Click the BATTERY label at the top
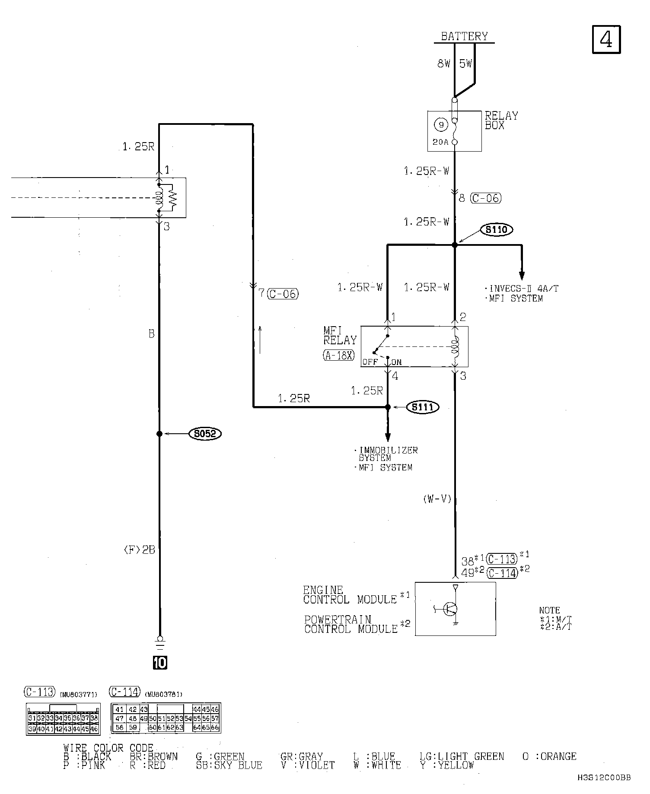[x=464, y=36]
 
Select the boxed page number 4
[x=606, y=40]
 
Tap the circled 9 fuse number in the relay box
[x=441, y=125]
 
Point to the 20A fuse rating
[x=440, y=142]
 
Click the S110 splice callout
[x=496, y=230]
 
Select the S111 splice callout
[x=423, y=407]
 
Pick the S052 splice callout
[x=205, y=434]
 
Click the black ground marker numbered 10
[x=160, y=663]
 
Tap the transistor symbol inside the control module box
[x=450, y=609]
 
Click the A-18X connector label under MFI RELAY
[x=339, y=355]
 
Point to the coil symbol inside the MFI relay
[x=455, y=347]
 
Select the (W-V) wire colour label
[x=437, y=499]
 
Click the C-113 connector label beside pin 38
[x=502, y=559]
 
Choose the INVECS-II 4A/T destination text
[x=523, y=289]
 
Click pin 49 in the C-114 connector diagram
[x=143, y=719]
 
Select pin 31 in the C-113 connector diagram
[x=32, y=718]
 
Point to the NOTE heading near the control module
[x=549, y=610]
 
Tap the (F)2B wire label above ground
[x=139, y=550]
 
